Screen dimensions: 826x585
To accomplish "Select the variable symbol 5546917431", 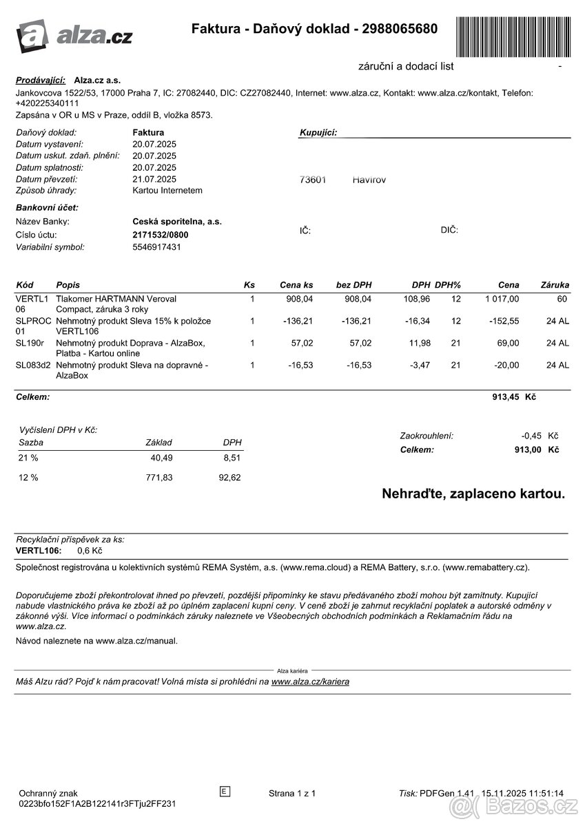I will point(156,246).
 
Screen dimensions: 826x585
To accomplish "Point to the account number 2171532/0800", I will point(160,234).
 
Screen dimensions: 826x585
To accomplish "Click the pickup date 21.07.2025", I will point(154,179).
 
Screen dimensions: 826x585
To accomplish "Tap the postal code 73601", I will point(313,180).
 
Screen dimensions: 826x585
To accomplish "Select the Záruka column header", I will point(555,284).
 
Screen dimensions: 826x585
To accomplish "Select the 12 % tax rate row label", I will point(28,477).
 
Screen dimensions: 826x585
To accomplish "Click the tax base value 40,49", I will point(161,458).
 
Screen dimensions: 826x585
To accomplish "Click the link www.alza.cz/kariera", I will point(310,681).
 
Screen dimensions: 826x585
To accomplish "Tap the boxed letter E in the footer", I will point(224,792).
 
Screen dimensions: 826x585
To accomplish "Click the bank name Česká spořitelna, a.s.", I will point(177,222).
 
